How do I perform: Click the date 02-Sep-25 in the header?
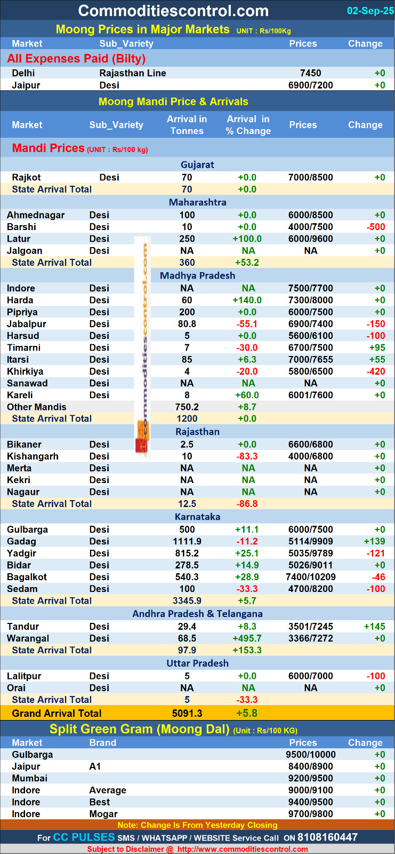370,11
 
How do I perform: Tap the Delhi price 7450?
310,73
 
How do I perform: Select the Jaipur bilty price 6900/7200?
310,85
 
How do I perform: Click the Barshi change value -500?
376,227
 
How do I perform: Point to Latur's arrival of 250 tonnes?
187,239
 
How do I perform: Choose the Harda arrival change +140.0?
248,300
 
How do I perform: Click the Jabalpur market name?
27,324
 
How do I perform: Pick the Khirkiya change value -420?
376,371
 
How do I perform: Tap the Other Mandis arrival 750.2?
187,407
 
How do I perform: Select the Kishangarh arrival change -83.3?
247,456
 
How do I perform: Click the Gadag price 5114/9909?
310,541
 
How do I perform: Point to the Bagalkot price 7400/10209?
310,577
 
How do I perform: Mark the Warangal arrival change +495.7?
247,638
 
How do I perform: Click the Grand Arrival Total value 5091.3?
187,713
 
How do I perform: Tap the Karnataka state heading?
197,517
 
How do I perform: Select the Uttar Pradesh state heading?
197,663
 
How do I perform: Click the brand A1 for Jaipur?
95,766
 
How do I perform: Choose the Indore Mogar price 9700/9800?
310,814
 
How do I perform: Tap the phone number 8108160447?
327,837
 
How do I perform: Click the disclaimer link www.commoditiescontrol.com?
243,849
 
